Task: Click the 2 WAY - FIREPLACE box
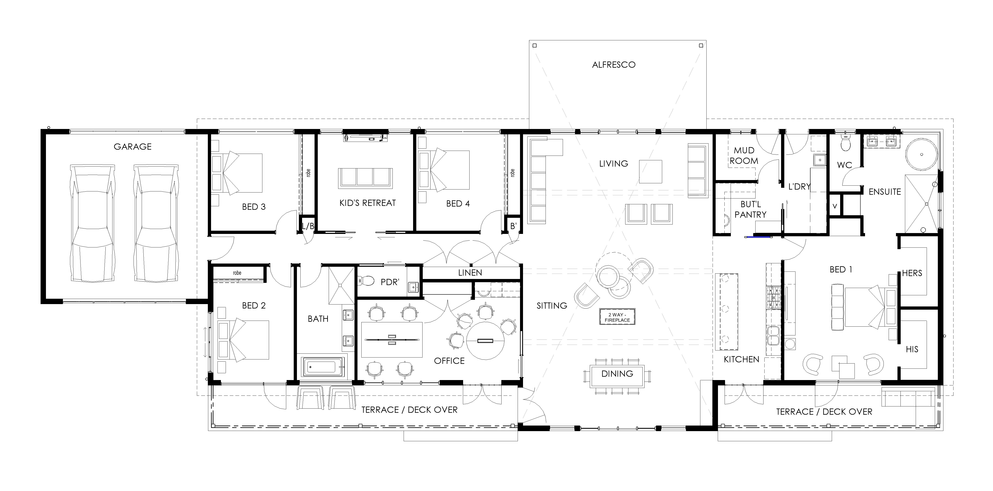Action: pos(617,317)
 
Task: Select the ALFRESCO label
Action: pos(614,65)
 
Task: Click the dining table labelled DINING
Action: pos(617,376)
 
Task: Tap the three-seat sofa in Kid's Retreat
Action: pos(365,178)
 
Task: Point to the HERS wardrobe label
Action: pos(912,273)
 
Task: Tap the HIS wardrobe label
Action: pos(912,349)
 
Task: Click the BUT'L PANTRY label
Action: pos(750,209)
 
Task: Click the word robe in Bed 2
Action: pos(237,273)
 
